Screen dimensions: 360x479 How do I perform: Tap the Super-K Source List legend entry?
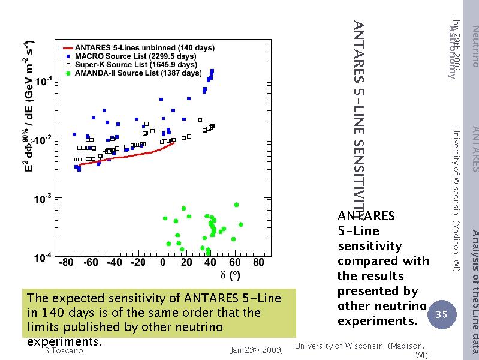138,64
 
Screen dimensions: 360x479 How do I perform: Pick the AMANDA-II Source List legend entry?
138,73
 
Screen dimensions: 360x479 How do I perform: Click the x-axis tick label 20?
186,262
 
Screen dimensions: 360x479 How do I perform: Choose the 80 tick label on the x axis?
258,262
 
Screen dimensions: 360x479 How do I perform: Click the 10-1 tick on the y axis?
44,80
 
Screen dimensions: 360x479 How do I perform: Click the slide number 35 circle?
441,314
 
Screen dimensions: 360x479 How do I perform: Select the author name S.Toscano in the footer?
64,351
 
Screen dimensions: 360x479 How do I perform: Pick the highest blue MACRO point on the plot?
212,71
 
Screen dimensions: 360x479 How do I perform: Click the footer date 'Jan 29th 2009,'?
257,351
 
